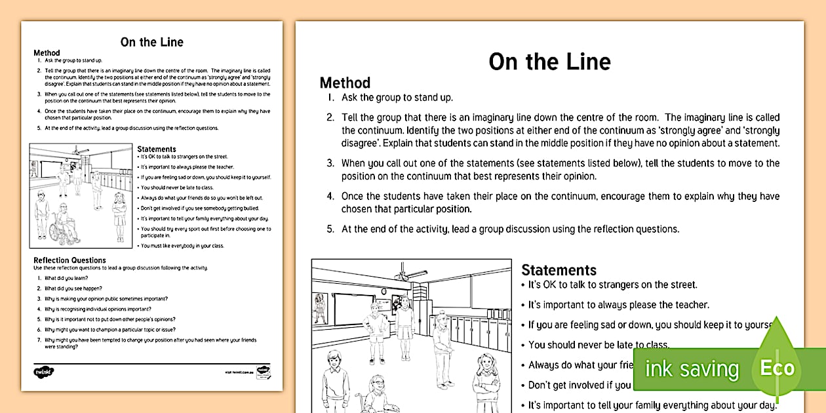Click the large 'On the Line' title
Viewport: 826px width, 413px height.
coord(549,62)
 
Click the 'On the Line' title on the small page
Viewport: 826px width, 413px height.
coord(151,42)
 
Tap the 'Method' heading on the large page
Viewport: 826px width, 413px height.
coord(345,83)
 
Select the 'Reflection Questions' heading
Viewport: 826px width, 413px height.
coord(69,260)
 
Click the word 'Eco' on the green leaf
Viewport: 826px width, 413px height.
coord(777,368)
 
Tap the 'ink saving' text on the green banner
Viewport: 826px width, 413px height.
coord(692,369)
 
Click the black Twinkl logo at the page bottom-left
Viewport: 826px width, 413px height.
coord(43,372)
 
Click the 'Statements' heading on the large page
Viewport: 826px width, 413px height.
coord(559,270)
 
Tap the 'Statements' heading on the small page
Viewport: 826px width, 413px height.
coord(157,149)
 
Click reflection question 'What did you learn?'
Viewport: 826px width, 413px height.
coord(62,278)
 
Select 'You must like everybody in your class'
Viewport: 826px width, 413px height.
coord(182,246)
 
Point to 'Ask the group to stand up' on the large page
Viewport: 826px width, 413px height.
coord(397,98)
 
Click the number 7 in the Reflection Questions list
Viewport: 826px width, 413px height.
coord(39,340)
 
